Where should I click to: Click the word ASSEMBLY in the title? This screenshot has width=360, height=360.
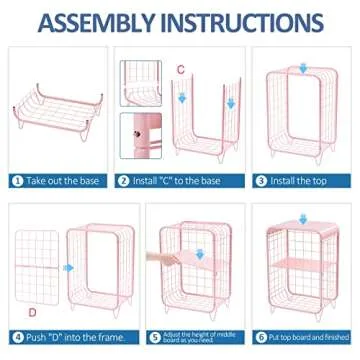(95, 23)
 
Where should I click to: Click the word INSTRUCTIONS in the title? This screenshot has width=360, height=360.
(245, 23)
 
